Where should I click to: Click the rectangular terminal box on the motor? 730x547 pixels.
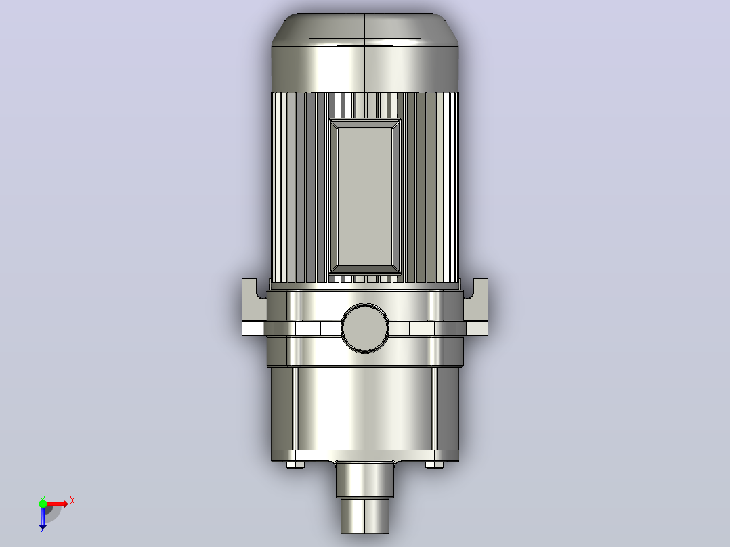pos(365,197)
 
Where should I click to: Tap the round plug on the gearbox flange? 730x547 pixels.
pos(365,328)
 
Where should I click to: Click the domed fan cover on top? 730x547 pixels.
pos(365,52)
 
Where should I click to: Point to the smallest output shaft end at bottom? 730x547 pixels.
pos(365,516)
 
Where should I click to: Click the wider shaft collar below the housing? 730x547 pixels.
pos(365,479)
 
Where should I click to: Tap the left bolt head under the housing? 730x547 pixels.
pos(295,464)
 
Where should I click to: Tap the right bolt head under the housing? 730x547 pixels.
pos(434,464)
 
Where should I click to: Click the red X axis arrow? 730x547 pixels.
pos(58,504)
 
